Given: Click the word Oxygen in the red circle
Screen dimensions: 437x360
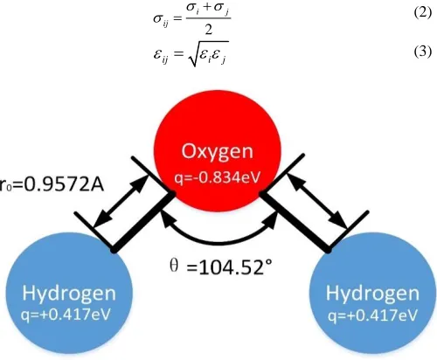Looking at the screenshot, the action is [217, 152].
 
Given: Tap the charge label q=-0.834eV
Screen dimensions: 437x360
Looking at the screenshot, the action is [217, 177].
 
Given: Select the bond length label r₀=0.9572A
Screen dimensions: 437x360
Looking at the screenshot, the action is [52, 184].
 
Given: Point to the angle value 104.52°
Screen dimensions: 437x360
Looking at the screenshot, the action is [230, 267].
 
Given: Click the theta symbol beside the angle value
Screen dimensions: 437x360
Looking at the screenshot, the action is [174, 266].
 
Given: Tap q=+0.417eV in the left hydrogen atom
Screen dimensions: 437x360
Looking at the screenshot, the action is [66, 315].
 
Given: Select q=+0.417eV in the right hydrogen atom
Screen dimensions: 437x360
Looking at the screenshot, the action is [372, 315].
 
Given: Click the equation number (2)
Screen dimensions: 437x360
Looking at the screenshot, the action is [422, 13].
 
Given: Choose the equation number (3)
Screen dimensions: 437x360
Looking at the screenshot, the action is [422, 52].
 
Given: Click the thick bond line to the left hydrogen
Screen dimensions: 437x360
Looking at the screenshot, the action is [143, 222].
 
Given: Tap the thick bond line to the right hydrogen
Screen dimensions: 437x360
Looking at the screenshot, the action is [295, 221].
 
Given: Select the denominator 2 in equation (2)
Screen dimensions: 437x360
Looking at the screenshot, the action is [209, 30].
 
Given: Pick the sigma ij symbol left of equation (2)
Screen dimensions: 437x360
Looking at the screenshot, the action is [161, 20].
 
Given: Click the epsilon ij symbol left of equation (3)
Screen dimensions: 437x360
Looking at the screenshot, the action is [161, 55].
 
